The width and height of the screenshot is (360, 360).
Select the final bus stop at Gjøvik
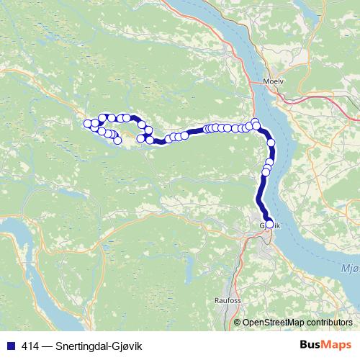pos(270,225)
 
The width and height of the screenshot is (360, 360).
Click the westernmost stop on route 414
pos(88,123)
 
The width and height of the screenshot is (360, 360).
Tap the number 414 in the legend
pos(30,346)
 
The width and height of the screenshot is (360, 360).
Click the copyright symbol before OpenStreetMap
pos(238,322)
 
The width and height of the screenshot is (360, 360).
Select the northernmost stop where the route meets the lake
pos(255,122)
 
